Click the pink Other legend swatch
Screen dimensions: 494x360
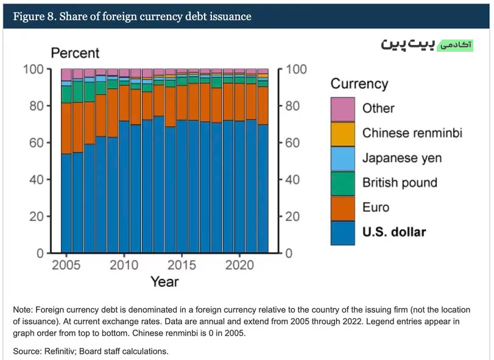click(343, 109)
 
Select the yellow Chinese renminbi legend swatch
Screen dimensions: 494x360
click(343, 134)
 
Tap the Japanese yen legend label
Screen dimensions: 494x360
click(402, 158)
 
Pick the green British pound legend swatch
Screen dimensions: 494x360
click(343, 183)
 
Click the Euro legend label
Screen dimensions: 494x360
click(376, 208)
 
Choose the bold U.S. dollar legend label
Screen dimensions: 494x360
click(394, 232)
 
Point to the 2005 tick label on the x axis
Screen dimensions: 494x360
click(66, 265)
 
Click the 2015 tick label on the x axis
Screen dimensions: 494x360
click(182, 265)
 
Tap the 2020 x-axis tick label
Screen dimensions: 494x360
click(239, 265)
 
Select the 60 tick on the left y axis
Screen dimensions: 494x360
click(36, 143)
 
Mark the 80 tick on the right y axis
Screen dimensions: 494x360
click(292, 106)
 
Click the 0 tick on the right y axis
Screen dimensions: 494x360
click(289, 253)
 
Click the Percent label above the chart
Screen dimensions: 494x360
click(75, 53)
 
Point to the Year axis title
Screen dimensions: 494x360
click(164, 281)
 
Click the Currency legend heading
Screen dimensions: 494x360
click(359, 84)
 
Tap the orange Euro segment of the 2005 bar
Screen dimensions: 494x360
click(66, 129)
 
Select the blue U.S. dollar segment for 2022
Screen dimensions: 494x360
click(263, 189)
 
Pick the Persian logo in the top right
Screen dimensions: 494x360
click(427, 44)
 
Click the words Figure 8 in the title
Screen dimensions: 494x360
click(34, 16)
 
